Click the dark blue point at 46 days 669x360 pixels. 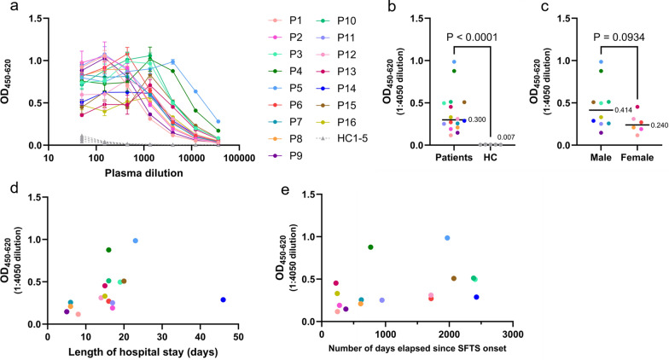click(x=223, y=299)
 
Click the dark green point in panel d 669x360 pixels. click(x=108, y=250)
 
